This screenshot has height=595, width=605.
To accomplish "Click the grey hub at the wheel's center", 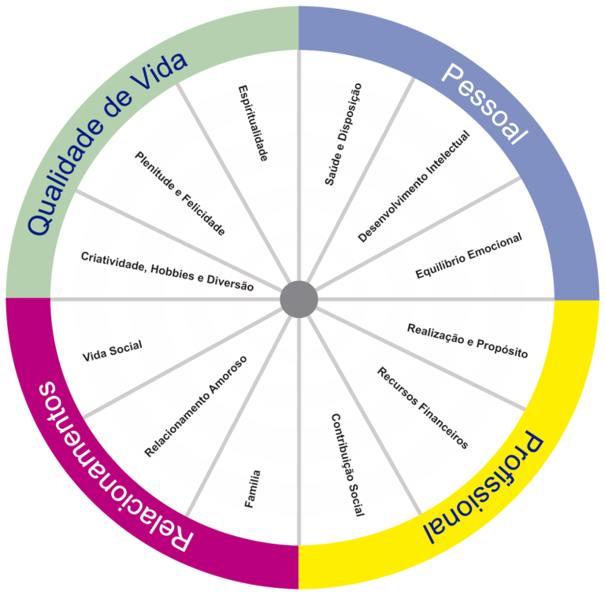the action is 299,299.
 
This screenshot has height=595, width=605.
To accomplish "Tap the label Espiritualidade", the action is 253,123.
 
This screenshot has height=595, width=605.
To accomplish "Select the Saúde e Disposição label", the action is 343,134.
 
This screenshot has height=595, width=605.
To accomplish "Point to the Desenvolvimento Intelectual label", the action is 414,187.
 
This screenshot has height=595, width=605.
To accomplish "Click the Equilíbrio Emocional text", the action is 469,255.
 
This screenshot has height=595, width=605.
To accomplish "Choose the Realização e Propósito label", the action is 467,341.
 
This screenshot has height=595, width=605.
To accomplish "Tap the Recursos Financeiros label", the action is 422,408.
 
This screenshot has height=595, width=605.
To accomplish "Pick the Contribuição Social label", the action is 347,465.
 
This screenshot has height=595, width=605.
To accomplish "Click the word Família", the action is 253,489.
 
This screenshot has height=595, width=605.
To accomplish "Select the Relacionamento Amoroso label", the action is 195,406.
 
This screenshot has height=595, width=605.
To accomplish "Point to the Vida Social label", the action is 113,351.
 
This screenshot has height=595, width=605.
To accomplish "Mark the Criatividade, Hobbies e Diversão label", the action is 167,272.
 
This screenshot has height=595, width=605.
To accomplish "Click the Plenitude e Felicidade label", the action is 180,193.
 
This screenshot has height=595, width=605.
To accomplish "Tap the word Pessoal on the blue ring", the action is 484,104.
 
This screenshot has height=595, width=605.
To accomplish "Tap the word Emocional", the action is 495,246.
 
